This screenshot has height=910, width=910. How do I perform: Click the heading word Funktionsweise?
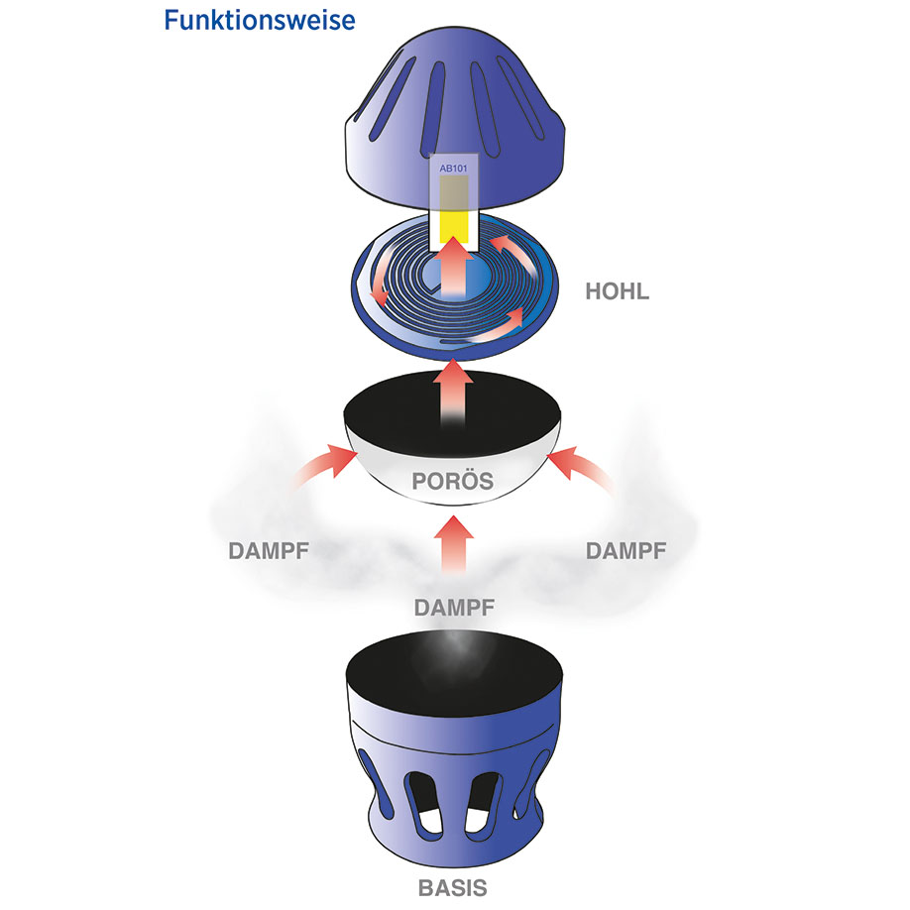[259, 20]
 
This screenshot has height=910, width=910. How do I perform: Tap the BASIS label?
[452, 884]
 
